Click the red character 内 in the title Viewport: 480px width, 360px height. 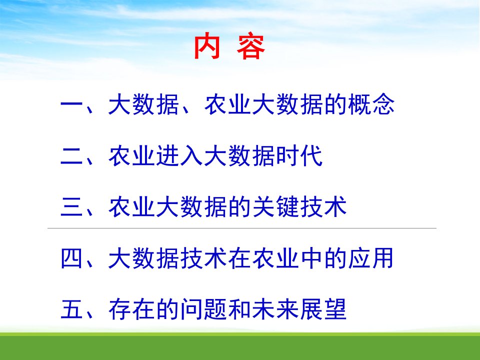tap(207, 46)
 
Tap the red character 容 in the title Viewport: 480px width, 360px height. tap(250, 46)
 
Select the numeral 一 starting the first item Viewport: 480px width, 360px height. tap(72, 105)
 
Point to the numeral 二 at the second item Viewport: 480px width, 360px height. tap(72, 156)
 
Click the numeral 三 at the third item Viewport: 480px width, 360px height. tap(72, 207)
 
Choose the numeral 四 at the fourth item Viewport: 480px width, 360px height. tap(72, 258)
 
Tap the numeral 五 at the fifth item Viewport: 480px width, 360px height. tap(72, 309)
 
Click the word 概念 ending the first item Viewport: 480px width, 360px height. tap(371, 104)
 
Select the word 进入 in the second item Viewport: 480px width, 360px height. tap(179, 156)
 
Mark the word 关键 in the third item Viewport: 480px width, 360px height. tap(276, 207)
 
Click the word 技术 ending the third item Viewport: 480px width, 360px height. tap(323, 207)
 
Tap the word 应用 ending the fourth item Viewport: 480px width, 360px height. tap(370, 258)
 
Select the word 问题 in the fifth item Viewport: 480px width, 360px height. tap(204, 309)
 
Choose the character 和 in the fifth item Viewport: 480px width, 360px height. tap(239, 309)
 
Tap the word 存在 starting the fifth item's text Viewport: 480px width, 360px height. tap(131, 309)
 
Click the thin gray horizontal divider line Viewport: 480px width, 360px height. tap(242, 228)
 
